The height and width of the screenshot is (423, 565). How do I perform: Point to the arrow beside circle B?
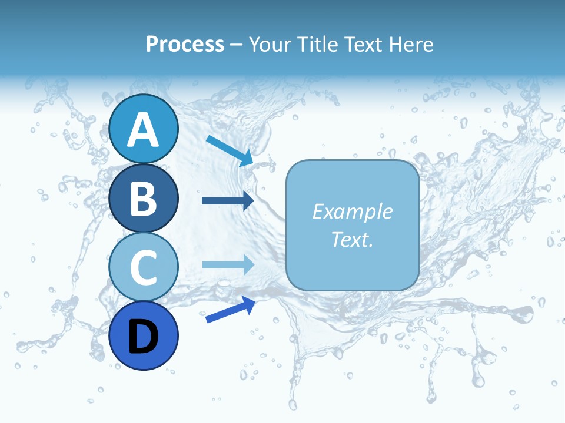point(228,201)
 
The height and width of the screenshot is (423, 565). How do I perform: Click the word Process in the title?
point(185,44)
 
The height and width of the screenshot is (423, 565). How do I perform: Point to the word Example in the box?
point(352,211)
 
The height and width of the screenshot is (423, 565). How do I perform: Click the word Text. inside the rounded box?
point(352,239)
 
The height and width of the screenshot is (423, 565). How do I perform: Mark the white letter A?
point(143,130)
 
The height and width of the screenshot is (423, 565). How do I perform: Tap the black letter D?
point(143,337)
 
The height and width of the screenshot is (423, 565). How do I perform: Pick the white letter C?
point(143,267)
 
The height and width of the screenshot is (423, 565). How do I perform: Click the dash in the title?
point(237,45)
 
